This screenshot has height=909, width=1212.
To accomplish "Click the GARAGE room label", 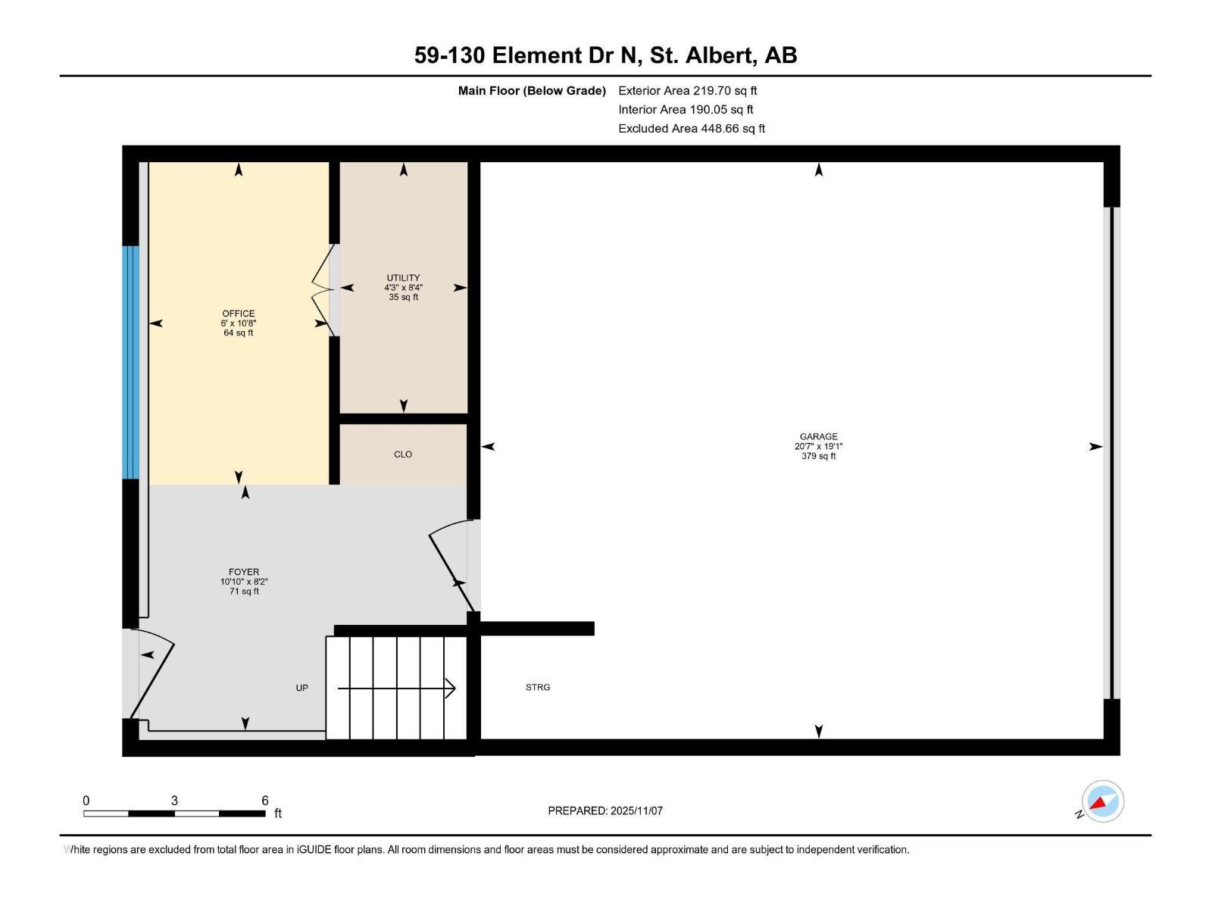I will (818, 436).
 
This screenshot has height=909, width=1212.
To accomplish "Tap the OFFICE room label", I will (238, 314).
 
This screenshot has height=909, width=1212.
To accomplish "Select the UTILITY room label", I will (403, 278).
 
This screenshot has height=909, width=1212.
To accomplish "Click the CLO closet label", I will (403, 454).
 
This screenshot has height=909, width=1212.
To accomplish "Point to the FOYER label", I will (244, 573).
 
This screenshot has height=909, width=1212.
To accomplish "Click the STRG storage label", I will (538, 688).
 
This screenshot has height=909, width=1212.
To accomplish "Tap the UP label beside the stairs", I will (301, 688).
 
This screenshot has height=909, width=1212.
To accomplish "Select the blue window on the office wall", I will (131, 362).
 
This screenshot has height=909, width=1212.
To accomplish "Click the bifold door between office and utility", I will (324, 289).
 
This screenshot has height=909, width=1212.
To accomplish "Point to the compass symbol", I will (1102, 801).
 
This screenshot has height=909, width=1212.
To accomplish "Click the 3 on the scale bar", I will (174, 801).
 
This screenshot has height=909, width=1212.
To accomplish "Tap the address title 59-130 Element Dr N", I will (605, 55).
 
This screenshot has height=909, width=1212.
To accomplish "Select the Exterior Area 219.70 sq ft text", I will (687, 91).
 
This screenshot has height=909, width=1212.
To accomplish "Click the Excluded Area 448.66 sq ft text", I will (691, 129).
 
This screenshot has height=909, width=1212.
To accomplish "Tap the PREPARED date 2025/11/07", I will (605, 811).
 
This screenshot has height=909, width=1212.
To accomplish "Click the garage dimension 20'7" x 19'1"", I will (818, 446).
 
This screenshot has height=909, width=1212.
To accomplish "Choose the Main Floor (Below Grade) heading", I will (532, 91).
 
